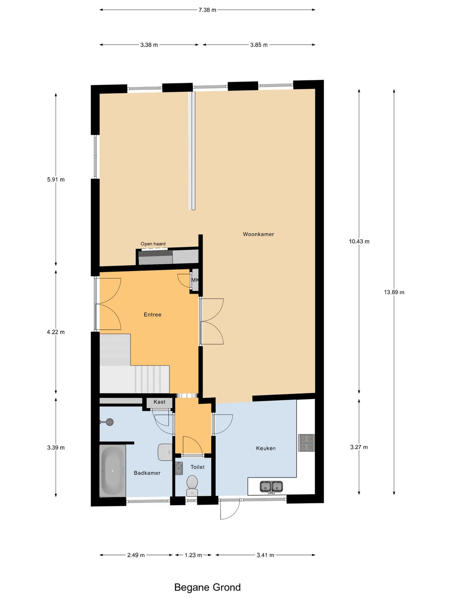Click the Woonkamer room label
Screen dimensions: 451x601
[x=258, y=234]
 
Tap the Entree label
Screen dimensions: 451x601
[x=153, y=315]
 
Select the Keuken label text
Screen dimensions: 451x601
[x=266, y=448]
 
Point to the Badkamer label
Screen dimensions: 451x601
[x=147, y=473]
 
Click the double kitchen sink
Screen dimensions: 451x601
[x=271, y=486]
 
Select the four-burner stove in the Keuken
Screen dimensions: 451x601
[x=306, y=443]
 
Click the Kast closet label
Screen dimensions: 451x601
[x=159, y=402]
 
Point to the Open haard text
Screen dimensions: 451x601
[x=153, y=244]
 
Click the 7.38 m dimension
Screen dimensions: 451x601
[x=207, y=10]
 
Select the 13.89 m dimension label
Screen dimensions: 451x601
[x=394, y=292]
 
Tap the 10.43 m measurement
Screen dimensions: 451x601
[x=359, y=241]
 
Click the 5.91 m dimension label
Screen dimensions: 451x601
[x=56, y=180]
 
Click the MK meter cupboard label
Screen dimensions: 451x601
[x=195, y=280]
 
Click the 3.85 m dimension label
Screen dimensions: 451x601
[x=259, y=45]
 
